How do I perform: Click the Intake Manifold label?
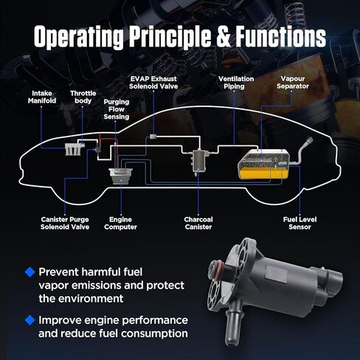tap(42, 97)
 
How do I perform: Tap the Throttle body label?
tap(83, 97)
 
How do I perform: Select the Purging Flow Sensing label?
tap(117, 109)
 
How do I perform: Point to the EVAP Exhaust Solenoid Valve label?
tap(153, 83)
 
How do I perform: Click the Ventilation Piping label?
tap(236, 83)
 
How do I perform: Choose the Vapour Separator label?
tap(293, 83)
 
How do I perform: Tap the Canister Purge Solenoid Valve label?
tap(65, 223)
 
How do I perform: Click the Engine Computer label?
tap(120, 223)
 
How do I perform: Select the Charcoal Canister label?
tap(198, 223)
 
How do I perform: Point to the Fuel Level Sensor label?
tap(300, 223)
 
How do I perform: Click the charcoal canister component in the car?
tap(199, 162)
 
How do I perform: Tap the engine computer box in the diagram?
tap(121, 176)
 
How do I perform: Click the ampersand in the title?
tap(223, 37)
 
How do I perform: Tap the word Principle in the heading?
tap(170, 38)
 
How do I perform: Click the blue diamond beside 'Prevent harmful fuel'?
tap(30, 272)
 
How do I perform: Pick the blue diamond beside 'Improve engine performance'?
tap(30, 320)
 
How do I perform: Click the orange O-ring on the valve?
tap(215, 270)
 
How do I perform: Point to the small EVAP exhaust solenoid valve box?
tap(153, 136)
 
